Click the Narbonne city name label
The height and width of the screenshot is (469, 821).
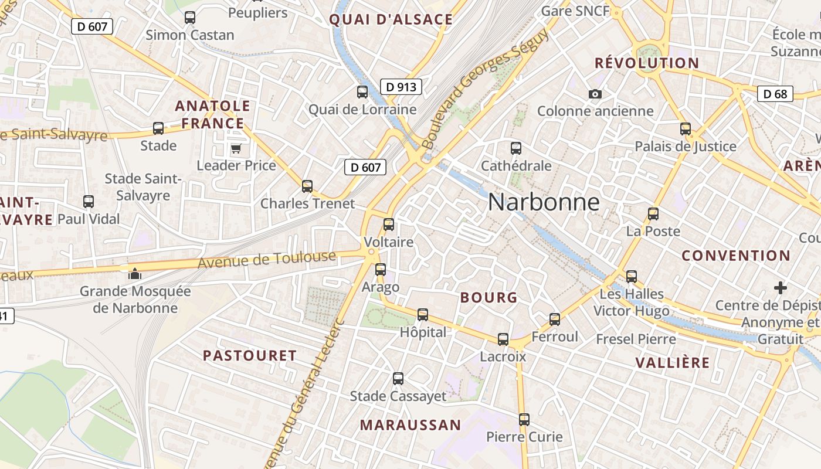(544, 202)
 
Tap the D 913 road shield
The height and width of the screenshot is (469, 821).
(401, 87)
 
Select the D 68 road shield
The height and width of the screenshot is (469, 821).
(775, 94)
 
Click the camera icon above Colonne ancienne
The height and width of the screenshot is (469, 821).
(595, 94)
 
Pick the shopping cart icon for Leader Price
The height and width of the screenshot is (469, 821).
(236, 148)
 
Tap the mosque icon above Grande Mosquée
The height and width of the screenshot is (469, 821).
(135, 273)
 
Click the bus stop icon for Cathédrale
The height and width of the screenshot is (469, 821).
(516, 148)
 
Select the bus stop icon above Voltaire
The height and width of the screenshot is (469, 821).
(388, 225)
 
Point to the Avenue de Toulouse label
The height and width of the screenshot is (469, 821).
(267, 259)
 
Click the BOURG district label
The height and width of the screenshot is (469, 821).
(489, 297)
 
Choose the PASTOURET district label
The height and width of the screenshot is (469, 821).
(250, 355)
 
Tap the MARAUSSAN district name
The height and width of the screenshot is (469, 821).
(410, 425)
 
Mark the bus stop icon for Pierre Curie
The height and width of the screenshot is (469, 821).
(524, 420)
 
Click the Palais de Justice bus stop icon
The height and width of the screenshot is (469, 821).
(686, 129)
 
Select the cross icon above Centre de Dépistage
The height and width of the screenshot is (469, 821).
(781, 288)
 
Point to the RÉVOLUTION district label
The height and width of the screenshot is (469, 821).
(647, 63)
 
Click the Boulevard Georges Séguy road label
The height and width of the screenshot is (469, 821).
(485, 88)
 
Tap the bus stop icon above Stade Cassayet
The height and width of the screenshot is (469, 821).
(398, 379)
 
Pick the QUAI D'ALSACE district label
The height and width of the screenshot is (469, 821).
(391, 19)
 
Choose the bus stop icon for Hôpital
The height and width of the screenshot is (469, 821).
(423, 315)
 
